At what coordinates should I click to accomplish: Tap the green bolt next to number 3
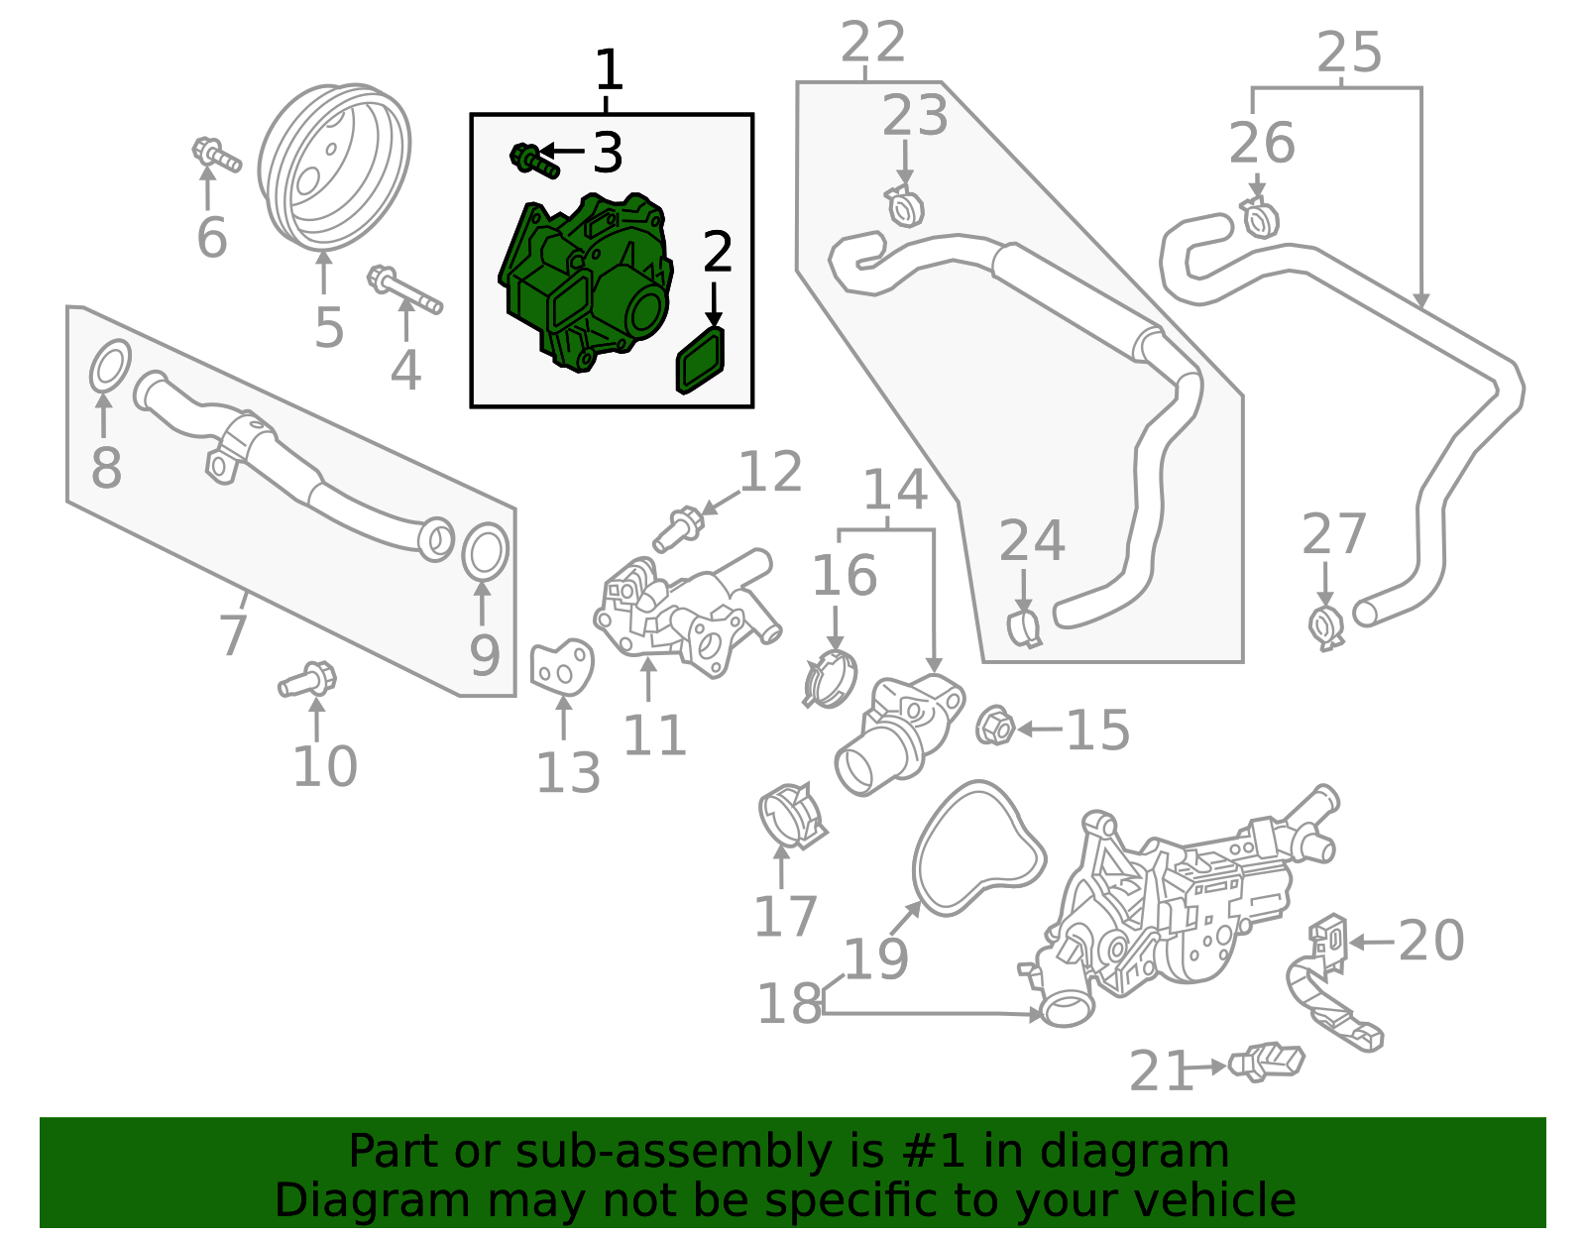click(533, 160)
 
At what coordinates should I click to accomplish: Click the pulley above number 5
click(334, 169)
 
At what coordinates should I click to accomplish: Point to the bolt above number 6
click(215, 156)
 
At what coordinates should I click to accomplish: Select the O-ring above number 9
click(485, 552)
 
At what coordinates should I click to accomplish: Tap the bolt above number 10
click(308, 680)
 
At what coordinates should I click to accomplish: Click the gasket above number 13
click(561, 667)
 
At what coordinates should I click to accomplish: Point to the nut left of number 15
click(994, 728)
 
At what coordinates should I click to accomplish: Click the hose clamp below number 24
click(1024, 627)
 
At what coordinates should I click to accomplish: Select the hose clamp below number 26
click(1259, 218)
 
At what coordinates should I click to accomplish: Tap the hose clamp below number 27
click(1325, 626)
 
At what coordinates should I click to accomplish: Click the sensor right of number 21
click(1268, 1062)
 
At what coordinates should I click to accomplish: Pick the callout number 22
click(872, 44)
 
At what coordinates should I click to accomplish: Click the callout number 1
click(609, 70)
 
